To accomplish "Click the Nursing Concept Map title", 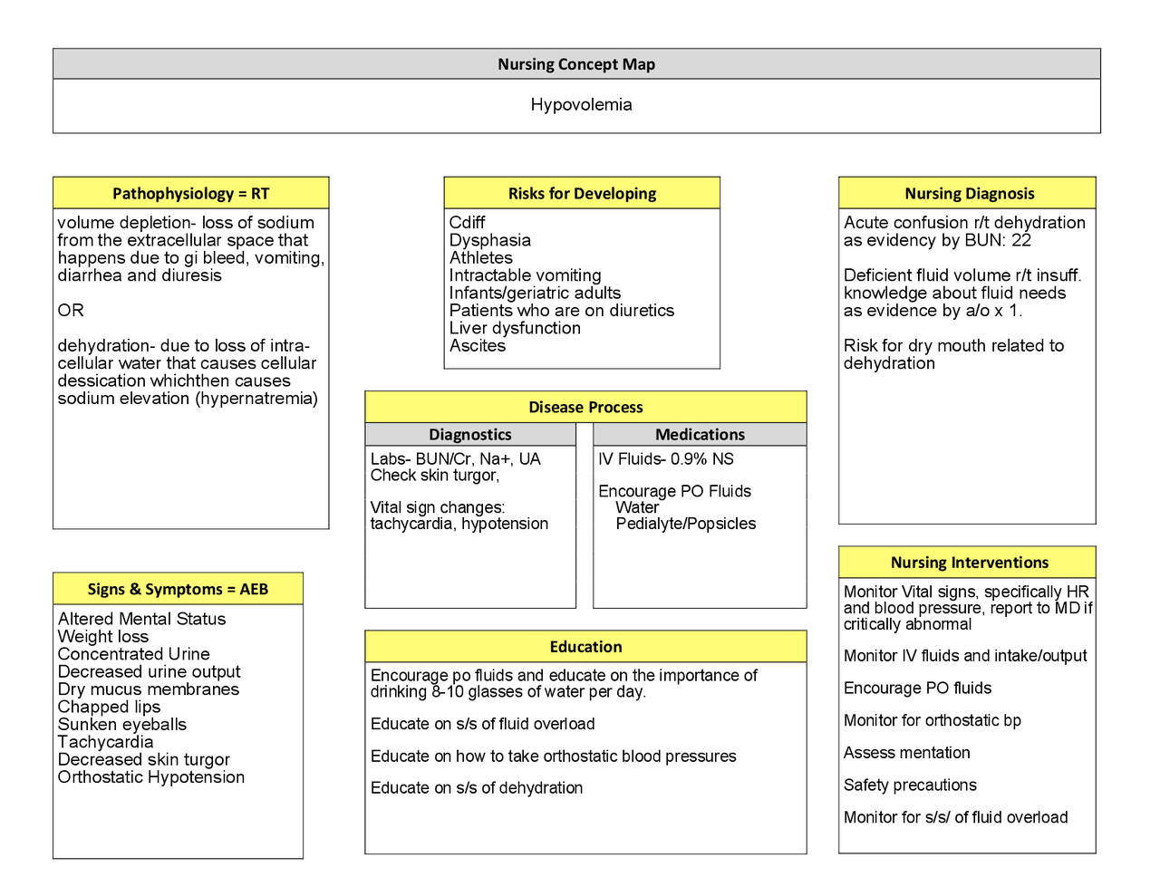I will click(x=576, y=64).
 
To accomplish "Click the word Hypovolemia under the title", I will click(x=581, y=105).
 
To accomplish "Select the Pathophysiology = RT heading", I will click(x=190, y=194).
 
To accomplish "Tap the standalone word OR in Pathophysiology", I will click(x=71, y=311).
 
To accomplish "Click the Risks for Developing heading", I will click(x=582, y=194).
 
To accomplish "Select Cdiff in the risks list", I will click(x=467, y=223).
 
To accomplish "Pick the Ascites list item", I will click(x=478, y=346).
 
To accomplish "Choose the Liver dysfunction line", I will click(x=515, y=328).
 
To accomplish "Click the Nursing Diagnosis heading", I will click(x=969, y=194).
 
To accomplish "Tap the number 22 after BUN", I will click(x=1021, y=240).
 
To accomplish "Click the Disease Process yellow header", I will click(x=585, y=408).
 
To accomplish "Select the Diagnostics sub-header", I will click(x=469, y=435).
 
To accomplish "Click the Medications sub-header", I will click(x=700, y=435).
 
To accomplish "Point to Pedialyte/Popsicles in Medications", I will click(x=685, y=524).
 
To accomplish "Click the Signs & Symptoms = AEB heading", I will click(x=178, y=590).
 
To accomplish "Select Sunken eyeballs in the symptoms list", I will click(x=122, y=725).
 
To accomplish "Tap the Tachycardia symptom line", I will click(x=105, y=742).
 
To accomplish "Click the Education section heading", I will click(x=585, y=647).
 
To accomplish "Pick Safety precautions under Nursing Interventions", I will click(x=910, y=785).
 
